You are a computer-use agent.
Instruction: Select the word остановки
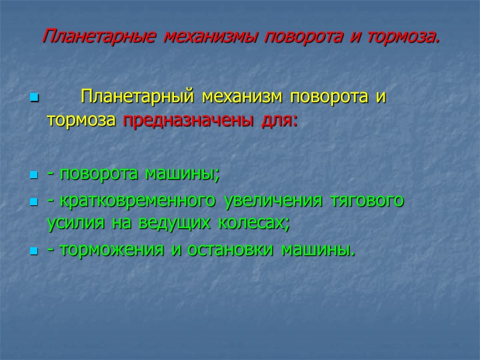(227, 250)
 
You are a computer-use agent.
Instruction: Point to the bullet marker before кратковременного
(33, 202)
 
